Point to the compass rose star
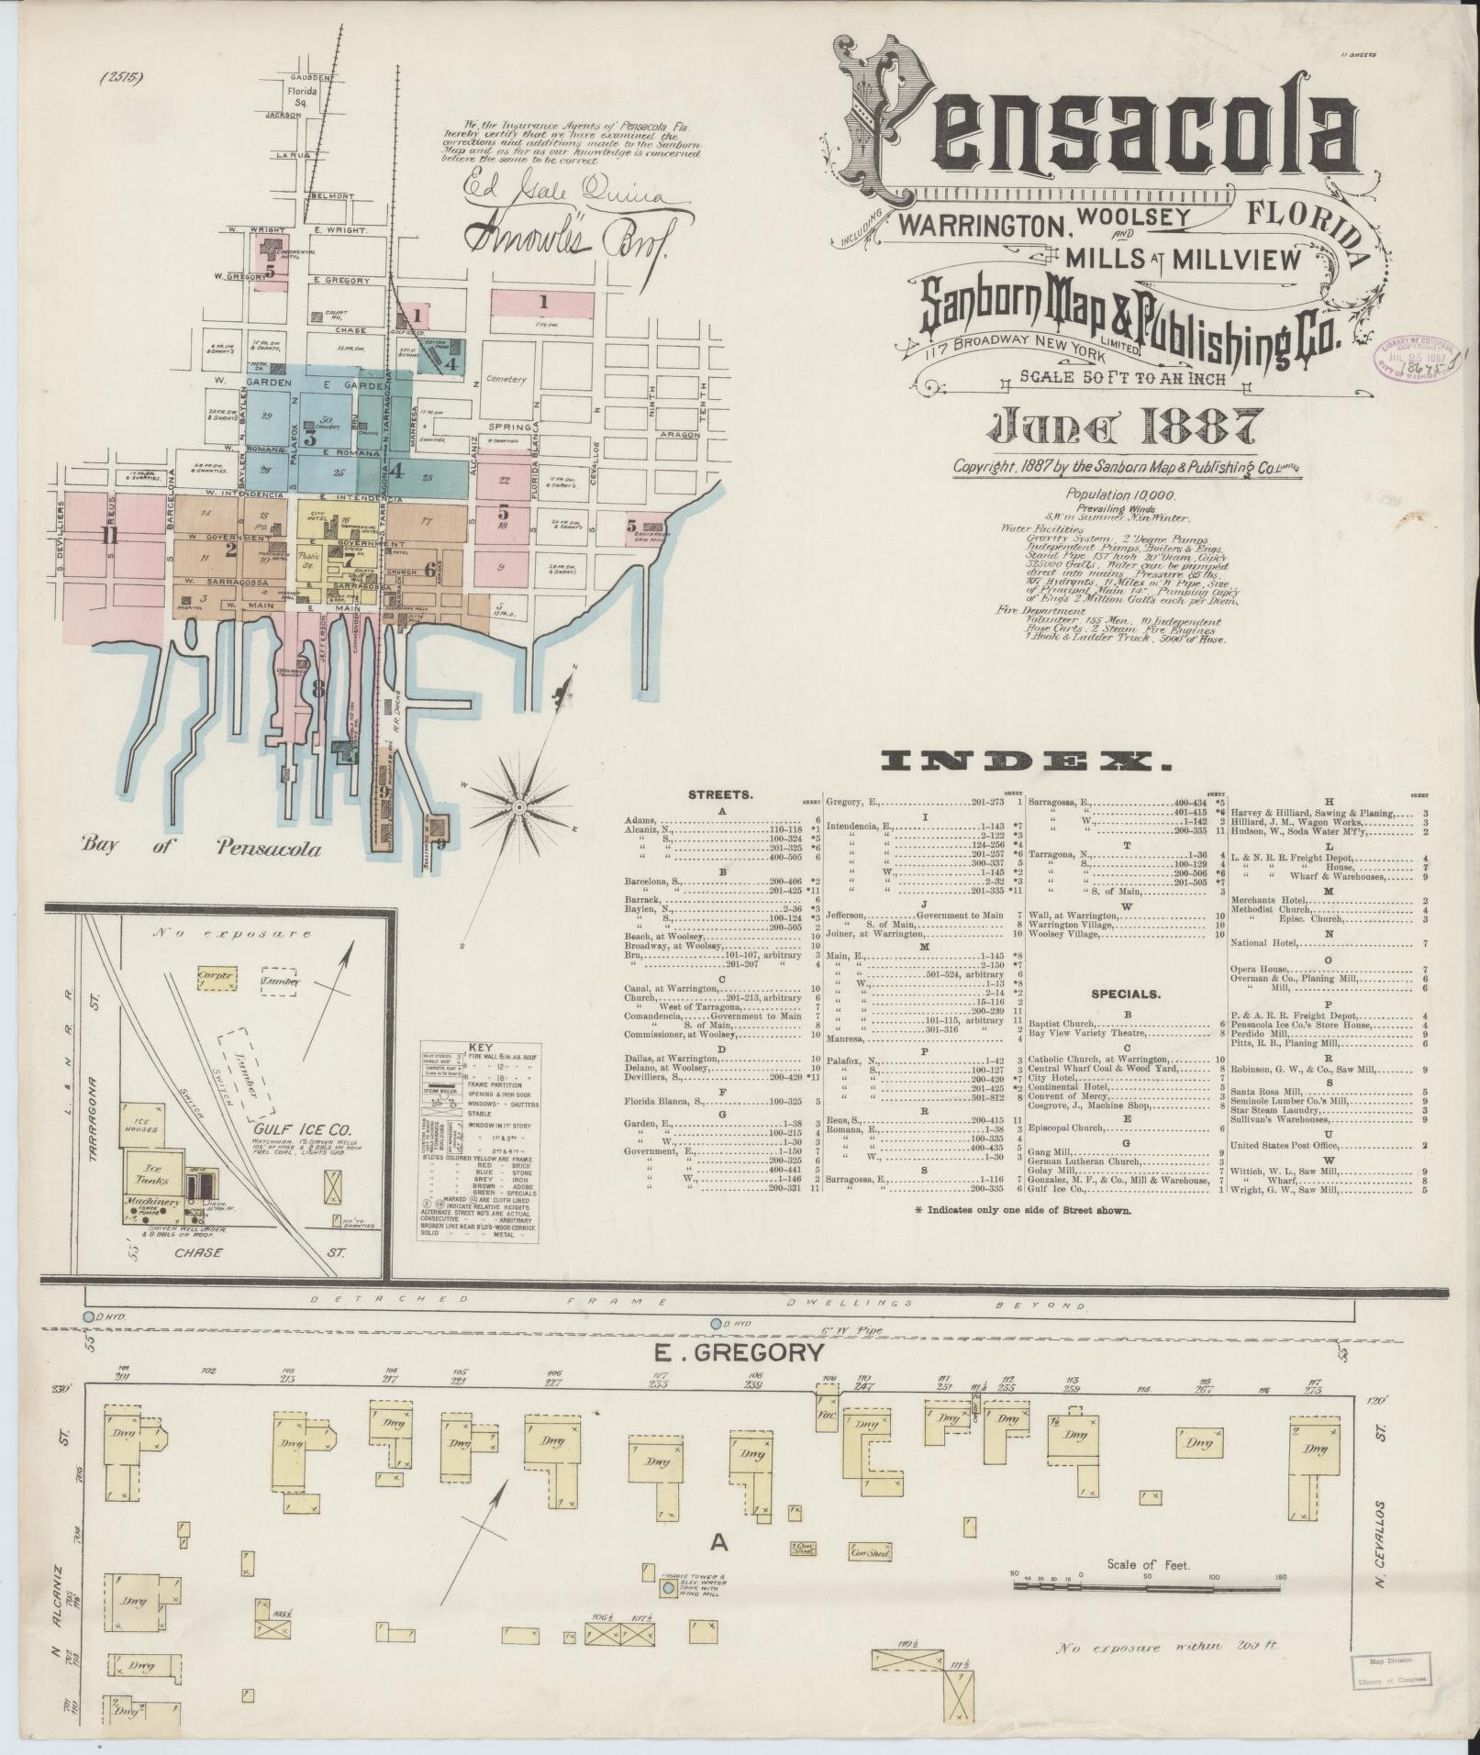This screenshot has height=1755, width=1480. click(x=519, y=806)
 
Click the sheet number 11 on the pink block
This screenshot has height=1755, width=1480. click(x=110, y=536)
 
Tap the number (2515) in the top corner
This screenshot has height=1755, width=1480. click(x=125, y=78)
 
